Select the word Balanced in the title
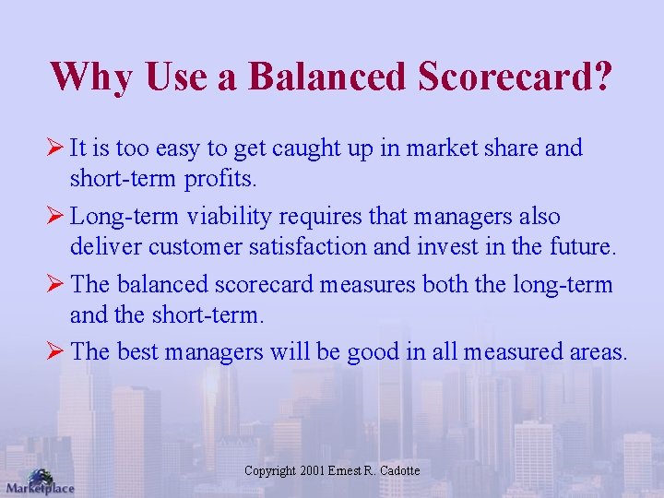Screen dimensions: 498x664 (x=327, y=76)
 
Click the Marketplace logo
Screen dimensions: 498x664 (x=39, y=481)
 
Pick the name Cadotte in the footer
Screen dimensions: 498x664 (x=399, y=471)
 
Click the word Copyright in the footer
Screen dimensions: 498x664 (x=270, y=471)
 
